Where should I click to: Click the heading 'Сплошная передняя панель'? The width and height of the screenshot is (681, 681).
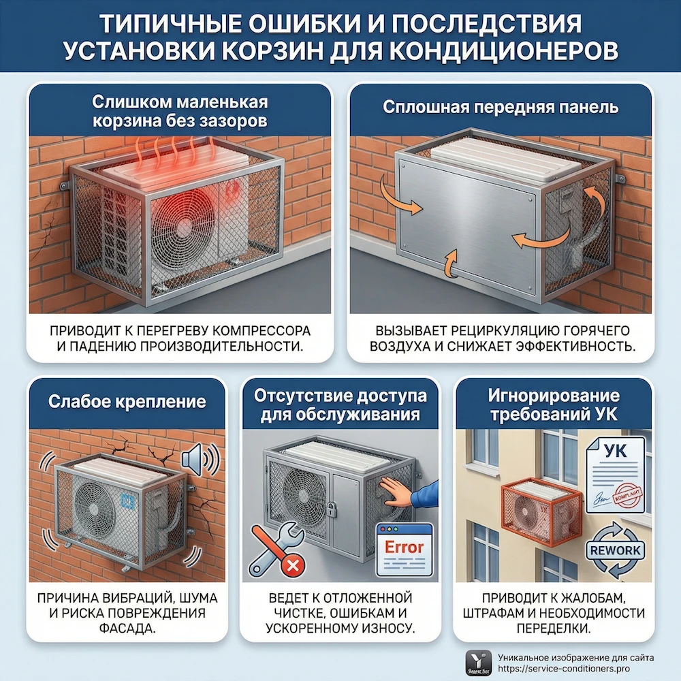(x=500, y=108)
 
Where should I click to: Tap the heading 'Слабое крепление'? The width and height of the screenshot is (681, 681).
(x=127, y=401)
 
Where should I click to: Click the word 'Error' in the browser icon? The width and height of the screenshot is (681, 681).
(x=404, y=547)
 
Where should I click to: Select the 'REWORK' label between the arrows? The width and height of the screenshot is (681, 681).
(x=616, y=550)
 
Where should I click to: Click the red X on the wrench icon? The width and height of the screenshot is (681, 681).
(x=294, y=565)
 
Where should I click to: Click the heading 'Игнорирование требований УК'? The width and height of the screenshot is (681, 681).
(x=554, y=405)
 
